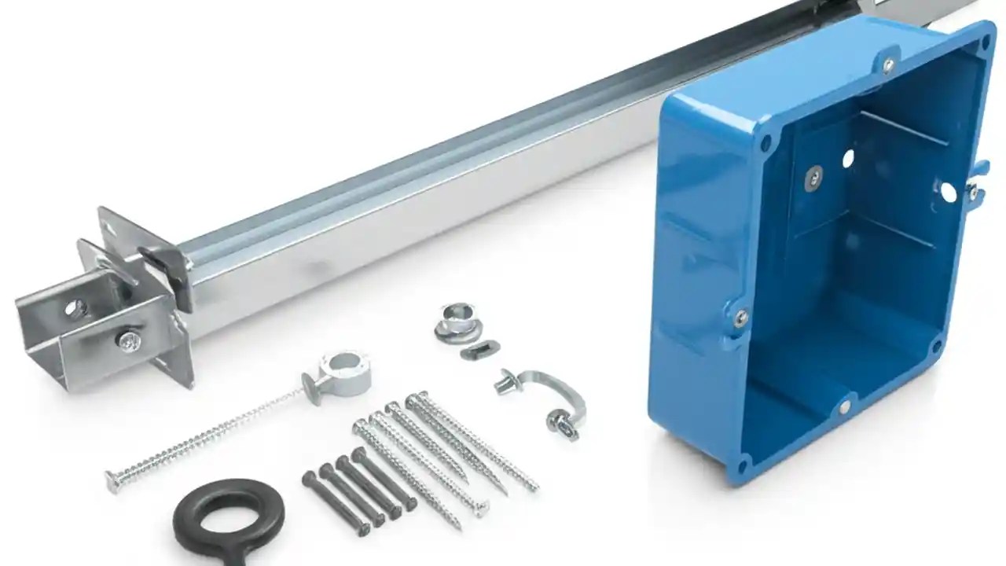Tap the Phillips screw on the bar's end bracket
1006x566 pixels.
pyautogui.click(x=128, y=340)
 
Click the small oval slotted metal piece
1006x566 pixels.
pyautogui.click(x=479, y=349)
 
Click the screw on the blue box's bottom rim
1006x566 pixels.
pyautogui.click(x=843, y=407)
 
